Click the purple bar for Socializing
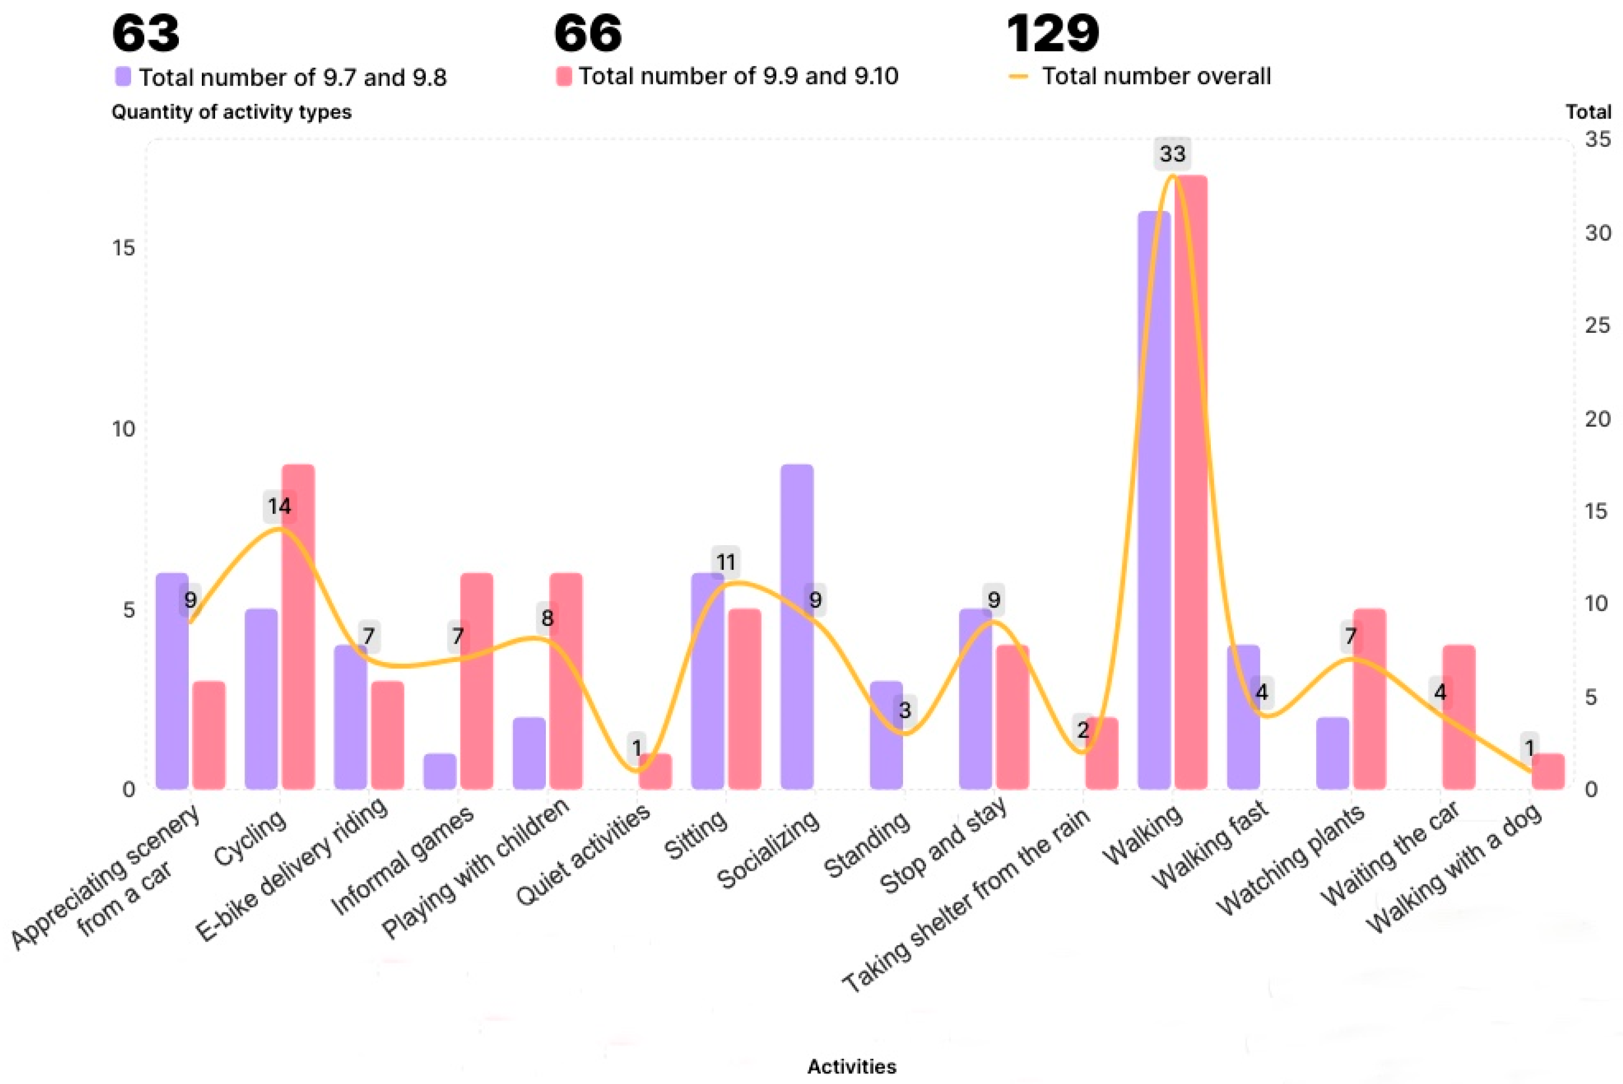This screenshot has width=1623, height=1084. [x=797, y=626]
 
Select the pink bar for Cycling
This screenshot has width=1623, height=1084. [x=298, y=626]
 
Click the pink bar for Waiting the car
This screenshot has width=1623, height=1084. [x=1459, y=717]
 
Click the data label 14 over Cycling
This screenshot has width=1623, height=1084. [x=280, y=507]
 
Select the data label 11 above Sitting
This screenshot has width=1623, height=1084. [x=725, y=562]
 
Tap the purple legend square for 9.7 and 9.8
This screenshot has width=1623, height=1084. [x=123, y=76]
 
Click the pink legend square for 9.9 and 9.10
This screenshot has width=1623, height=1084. [x=564, y=76]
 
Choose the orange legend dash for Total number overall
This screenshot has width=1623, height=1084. [x=1018, y=76]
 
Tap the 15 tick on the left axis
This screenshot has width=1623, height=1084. [x=124, y=247]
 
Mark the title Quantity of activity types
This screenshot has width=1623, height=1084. [x=232, y=112]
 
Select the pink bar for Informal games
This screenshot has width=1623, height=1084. [x=477, y=681]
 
